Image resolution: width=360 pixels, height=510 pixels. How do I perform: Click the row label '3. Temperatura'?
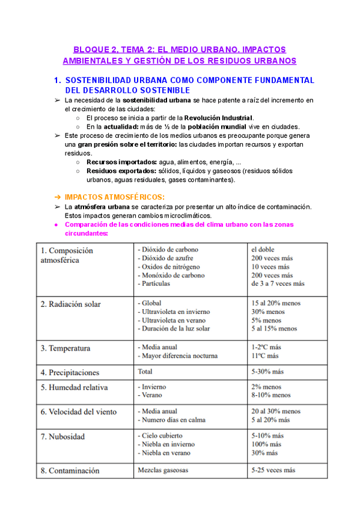[66, 348]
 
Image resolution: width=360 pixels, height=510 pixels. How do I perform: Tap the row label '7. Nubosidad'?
[63, 436]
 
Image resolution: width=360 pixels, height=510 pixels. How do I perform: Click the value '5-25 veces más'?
[273, 470]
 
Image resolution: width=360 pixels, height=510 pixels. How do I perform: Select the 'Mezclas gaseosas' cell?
[163, 470]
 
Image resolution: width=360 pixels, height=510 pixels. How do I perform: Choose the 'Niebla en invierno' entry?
[168, 444]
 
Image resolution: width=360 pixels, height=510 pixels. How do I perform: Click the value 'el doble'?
[263, 249]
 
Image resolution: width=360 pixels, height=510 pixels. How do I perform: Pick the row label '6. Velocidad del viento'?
[79, 412]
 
